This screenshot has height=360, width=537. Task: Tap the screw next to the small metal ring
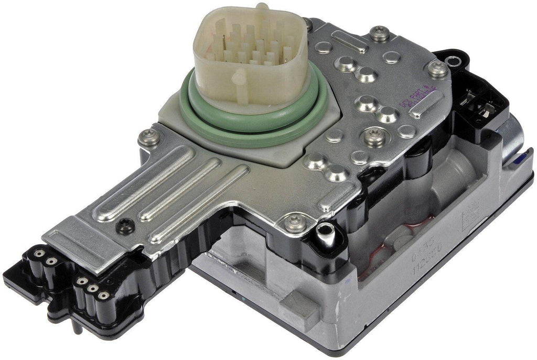[x=438, y=68]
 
